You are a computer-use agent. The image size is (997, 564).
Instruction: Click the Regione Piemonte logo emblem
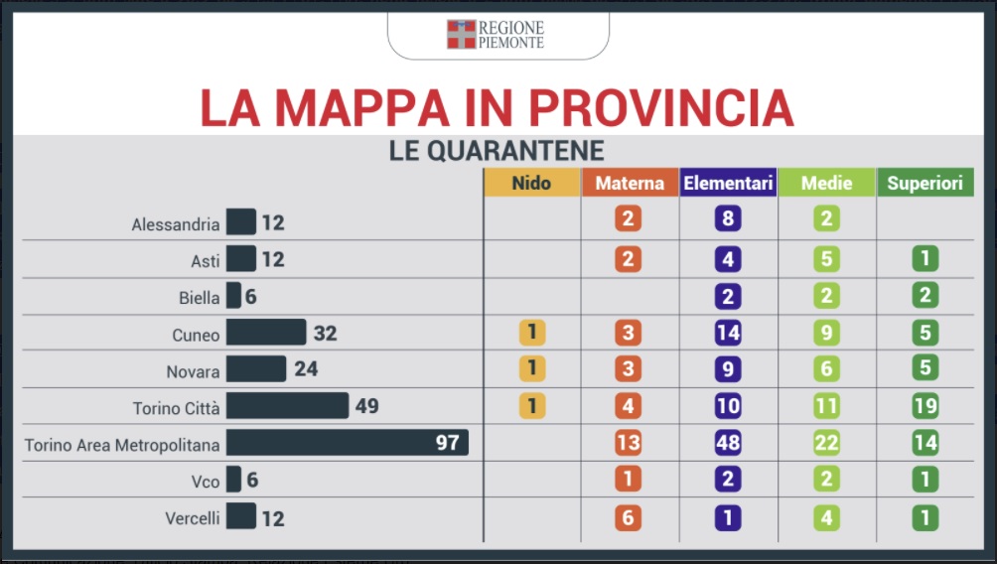pyautogui.click(x=461, y=34)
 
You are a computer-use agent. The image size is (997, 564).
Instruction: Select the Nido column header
pyautogui.click(x=531, y=183)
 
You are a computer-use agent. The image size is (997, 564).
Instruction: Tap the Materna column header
pyautogui.click(x=630, y=184)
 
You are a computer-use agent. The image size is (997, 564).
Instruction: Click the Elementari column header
pyautogui.click(x=728, y=184)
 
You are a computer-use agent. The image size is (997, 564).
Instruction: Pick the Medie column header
pyautogui.click(x=826, y=184)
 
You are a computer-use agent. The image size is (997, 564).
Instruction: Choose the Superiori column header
pyautogui.click(x=926, y=184)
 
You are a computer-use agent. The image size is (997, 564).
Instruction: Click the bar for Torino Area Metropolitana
pyautogui.click(x=347, y=443)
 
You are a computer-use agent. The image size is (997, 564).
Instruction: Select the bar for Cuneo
pyautogui.click(x=266, y=333)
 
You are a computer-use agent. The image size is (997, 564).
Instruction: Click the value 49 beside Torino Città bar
pyautogui.click(x=366, y=406)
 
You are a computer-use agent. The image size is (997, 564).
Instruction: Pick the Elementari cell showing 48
pyautogui.click(x=728, y=443)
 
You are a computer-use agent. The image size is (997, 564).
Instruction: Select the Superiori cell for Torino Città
pyautogui.click(x=926, y=406)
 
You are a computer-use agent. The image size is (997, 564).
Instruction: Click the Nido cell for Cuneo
pyautogui.click(x=531, y=333)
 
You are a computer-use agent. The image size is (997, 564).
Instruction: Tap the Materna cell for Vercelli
pyautogui.click(x=628, y=517)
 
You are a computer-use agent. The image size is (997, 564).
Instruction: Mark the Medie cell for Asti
pyautogui.click(x=826, y=259)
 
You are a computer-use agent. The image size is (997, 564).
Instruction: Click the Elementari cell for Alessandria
pyautogui.click(x=728, y=218)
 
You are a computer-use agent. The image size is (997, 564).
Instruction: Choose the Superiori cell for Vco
pyautogui.click(x=926, y=480)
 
